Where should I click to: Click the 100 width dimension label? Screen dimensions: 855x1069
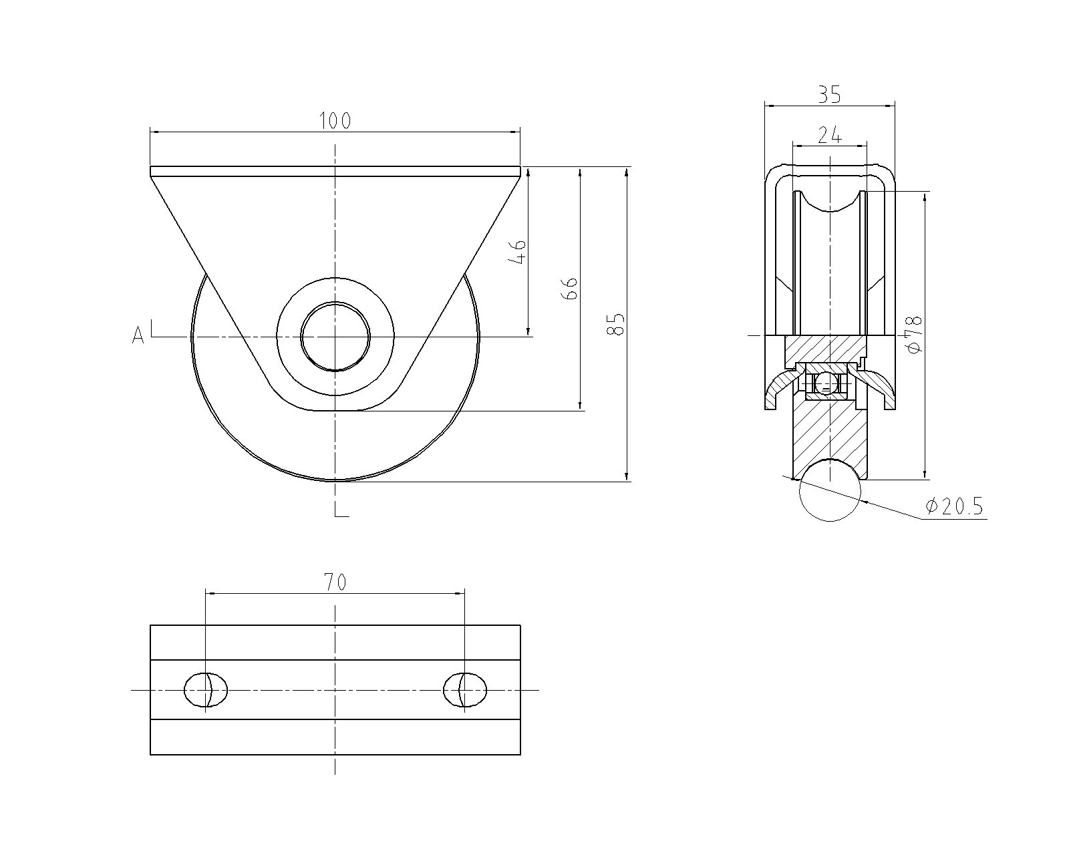coord(335,121)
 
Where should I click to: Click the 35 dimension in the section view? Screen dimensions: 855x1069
coord(829,95)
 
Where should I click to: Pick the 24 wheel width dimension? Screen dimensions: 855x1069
coord(829,135)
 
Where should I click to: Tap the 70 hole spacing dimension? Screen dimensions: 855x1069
coord(335,582)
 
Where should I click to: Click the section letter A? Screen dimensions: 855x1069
coord(138,335)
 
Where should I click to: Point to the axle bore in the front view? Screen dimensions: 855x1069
coord(335,337)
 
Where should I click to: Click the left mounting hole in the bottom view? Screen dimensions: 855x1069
coord(205,689)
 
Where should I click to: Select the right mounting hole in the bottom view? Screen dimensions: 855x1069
coord(465,689)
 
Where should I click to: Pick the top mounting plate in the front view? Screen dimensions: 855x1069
coord(335,171)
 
